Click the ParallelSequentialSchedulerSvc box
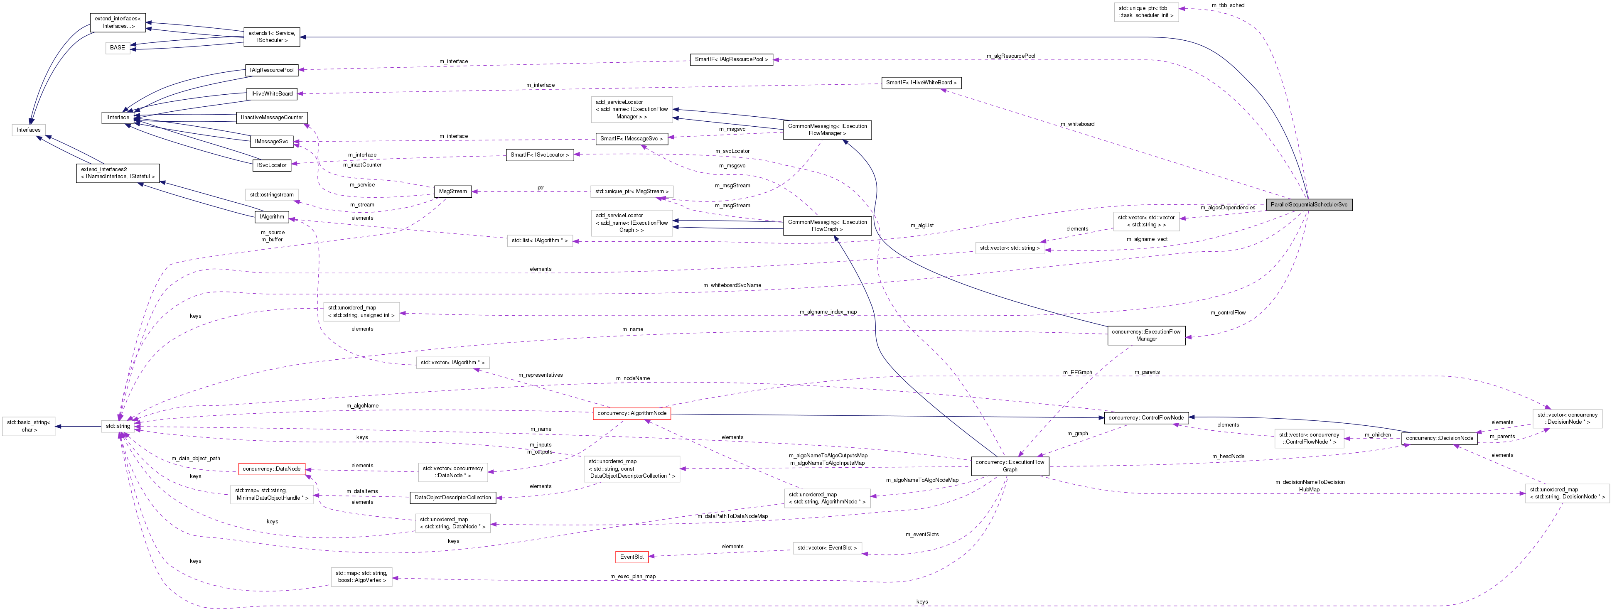tap(1308, 204)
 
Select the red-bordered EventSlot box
tap(632, 557)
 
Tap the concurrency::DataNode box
tap(272, 469)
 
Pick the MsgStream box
tap(452, 191)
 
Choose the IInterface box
tap(118, 118)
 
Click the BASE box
tap(118, 47)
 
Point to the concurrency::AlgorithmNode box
tap(632, 413)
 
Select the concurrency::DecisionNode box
tap(1439, 438)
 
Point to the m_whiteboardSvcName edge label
tap(732, 285)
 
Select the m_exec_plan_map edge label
tap(633, 577)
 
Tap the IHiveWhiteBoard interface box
tap(272, 94)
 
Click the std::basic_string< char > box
tap(28, 426)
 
